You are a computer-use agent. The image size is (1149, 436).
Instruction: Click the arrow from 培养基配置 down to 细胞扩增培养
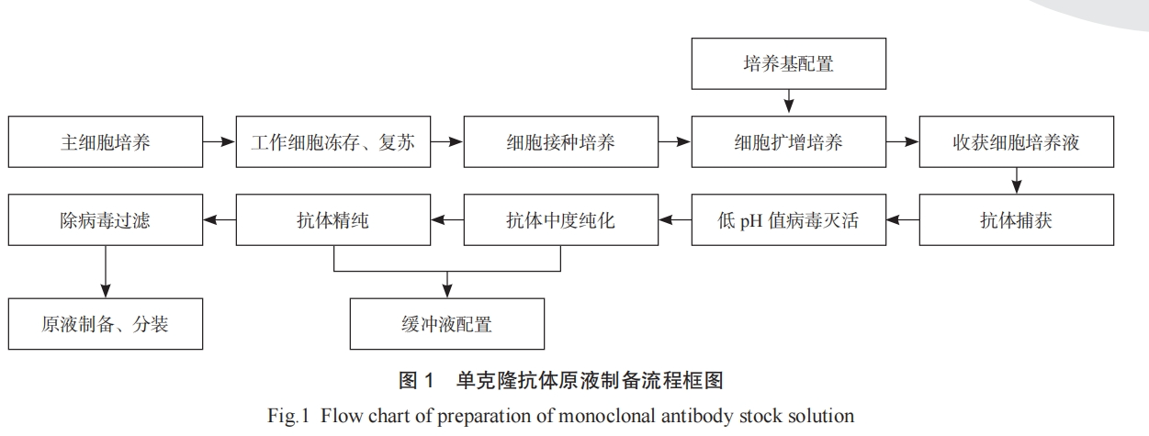pos(789,102)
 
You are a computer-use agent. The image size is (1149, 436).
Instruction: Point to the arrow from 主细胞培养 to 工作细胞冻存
pos(219,141)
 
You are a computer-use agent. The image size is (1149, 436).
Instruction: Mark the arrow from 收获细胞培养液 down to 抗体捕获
pos(1017,180)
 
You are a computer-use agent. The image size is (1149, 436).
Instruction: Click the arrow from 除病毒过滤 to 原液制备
pos(105,272)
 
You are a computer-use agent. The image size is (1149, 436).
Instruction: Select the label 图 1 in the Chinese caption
pos(416,381)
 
